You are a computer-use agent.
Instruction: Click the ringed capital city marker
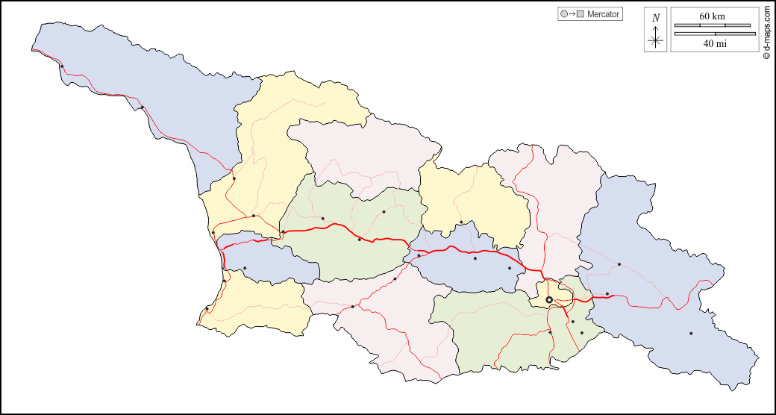549,299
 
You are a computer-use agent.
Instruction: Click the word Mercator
604,14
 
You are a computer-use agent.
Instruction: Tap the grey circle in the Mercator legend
563,14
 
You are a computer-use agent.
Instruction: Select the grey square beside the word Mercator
580,14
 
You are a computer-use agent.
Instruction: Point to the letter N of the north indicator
656,18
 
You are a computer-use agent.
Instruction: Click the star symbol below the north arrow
656,40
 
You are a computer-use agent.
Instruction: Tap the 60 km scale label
712,16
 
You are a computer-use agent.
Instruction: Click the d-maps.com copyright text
766,33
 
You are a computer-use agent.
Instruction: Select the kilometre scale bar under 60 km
713,25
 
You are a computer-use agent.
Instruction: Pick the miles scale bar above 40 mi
713,34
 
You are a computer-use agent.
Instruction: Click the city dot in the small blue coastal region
245,269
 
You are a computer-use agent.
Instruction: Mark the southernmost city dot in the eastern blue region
691,333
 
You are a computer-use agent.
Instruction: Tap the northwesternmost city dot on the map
62,67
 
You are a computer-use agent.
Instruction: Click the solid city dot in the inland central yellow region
461,222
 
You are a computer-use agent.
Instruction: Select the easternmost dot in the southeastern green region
582,333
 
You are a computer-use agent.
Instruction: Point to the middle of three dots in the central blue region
475,258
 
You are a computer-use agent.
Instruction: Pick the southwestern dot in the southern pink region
353,307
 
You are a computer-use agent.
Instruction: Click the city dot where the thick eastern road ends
607,294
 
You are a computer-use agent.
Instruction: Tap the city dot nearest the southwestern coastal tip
207,308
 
